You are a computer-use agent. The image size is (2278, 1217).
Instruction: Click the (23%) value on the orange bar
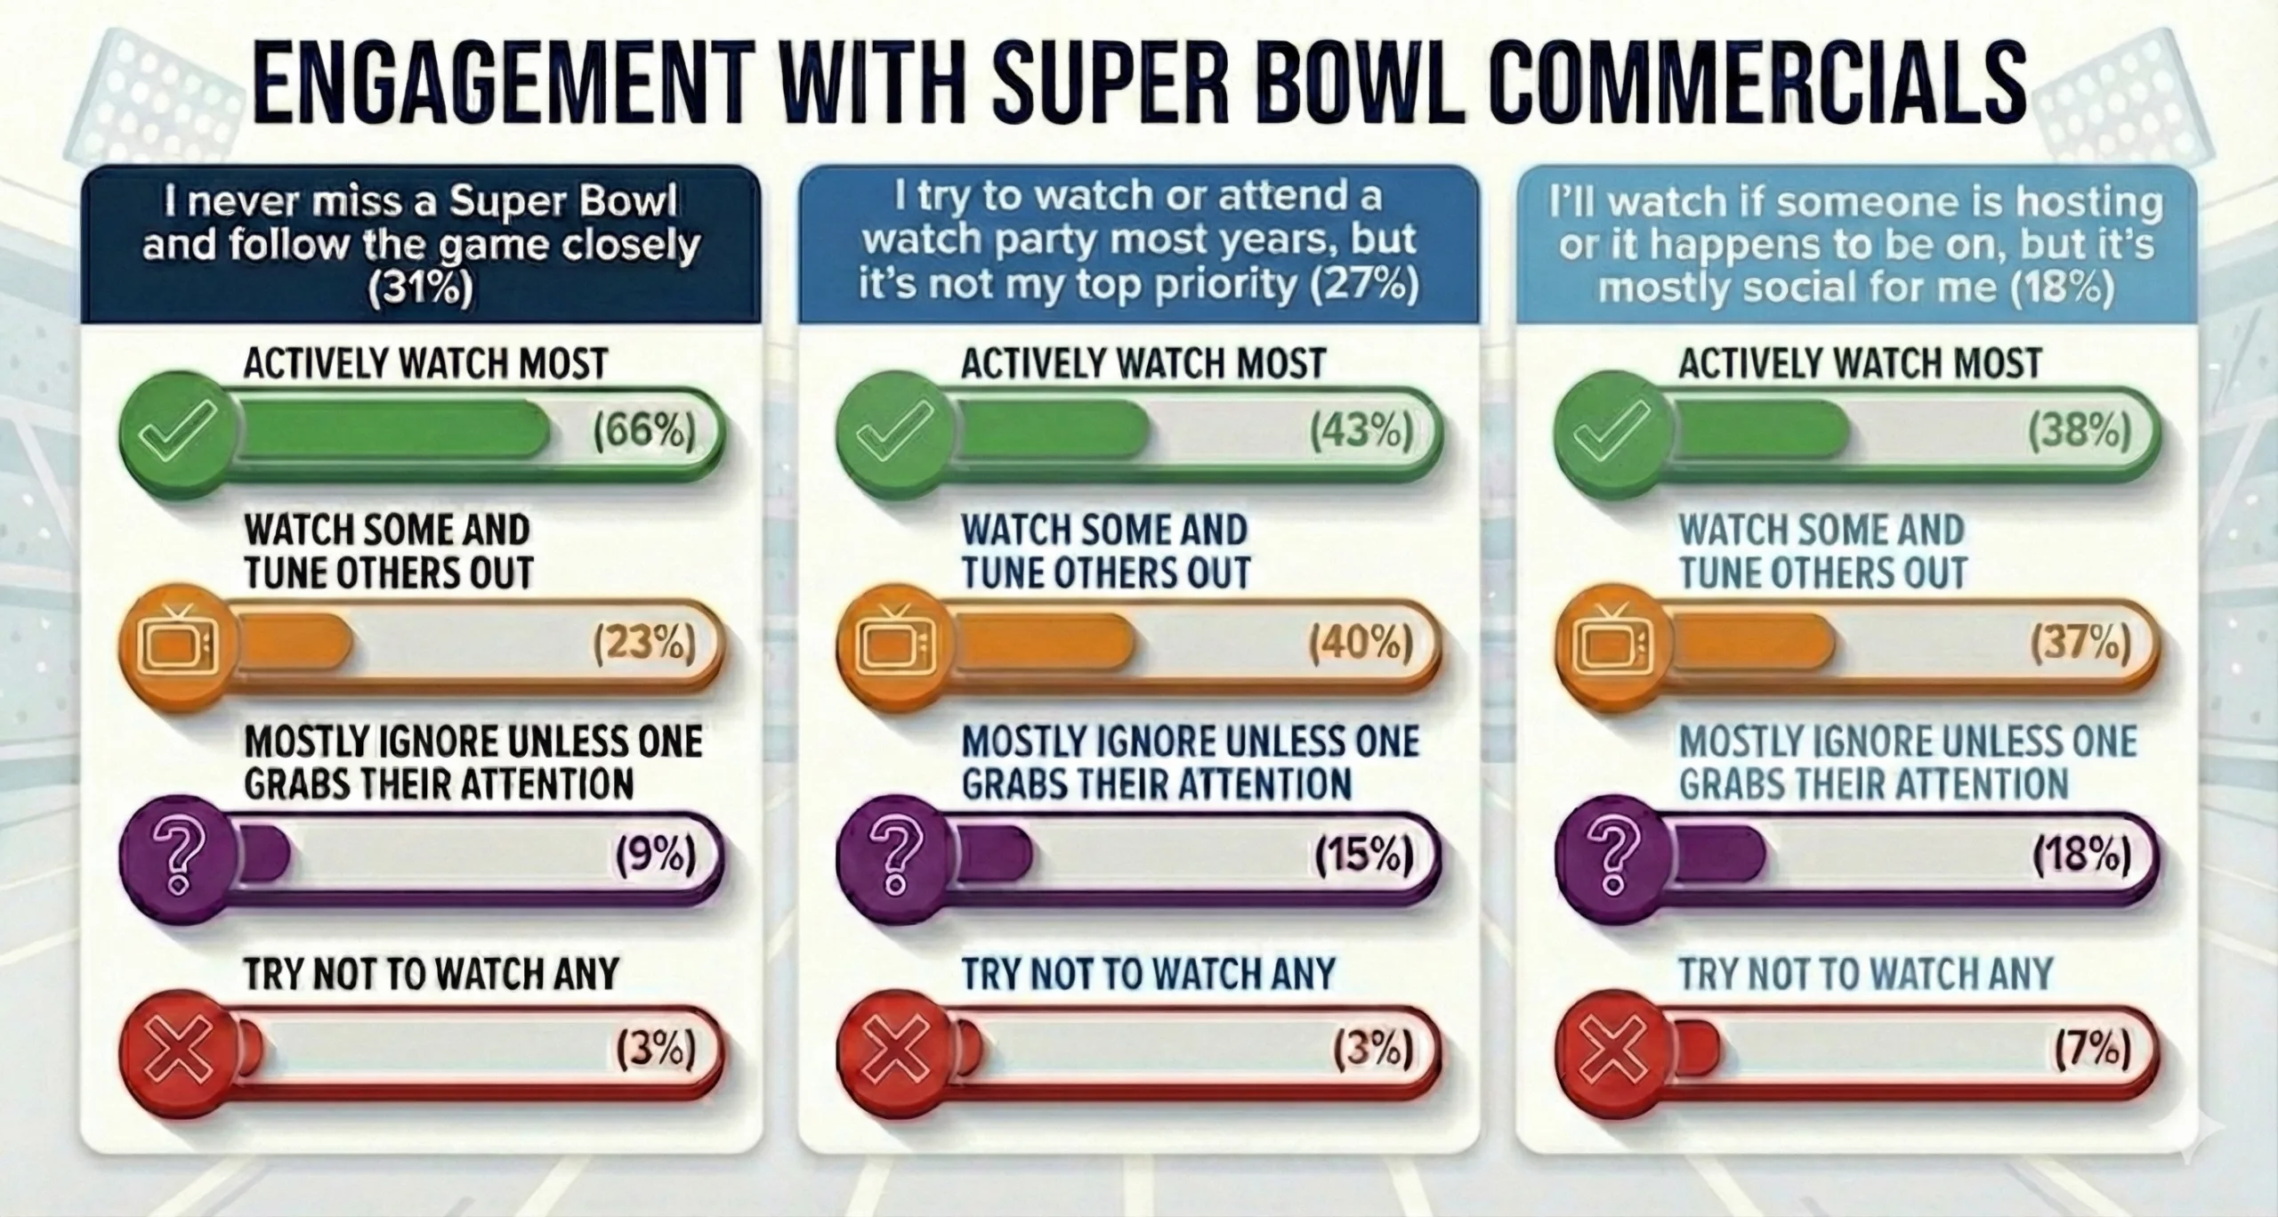point(644,644)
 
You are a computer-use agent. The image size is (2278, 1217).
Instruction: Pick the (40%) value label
point(1361,644)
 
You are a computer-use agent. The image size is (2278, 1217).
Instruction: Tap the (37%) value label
point(2080,644)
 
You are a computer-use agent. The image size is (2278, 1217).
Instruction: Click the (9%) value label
point(656,856)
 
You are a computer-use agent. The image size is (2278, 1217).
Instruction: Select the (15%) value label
point(1364,856)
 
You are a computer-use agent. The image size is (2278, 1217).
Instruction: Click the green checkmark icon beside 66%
point(179,434)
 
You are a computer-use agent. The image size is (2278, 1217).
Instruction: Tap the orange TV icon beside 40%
point(896,643)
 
